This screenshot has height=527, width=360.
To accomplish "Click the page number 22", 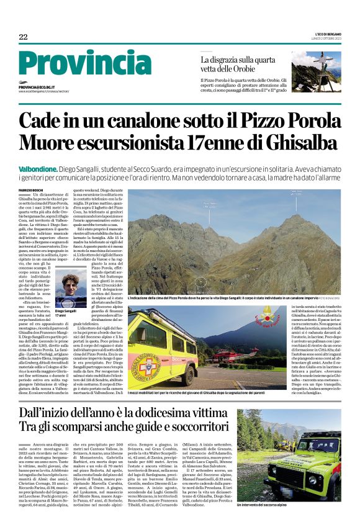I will pyautogui.click(x=23, y=37).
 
